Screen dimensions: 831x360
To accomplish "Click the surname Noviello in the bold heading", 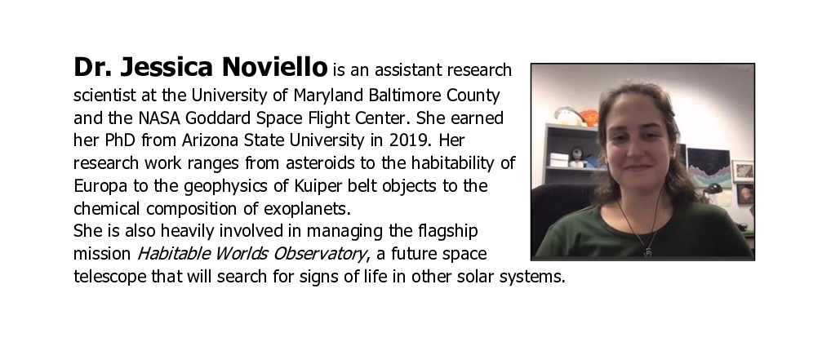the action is click(274, 67).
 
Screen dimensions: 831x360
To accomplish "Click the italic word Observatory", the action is click(319, 254).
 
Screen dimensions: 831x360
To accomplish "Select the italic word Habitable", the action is click(174, 253).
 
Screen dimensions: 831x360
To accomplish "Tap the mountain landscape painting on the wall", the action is click(709, 168).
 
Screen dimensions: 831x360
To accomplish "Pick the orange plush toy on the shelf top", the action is click(589, 118).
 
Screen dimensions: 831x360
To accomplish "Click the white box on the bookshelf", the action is click(559, 159).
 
